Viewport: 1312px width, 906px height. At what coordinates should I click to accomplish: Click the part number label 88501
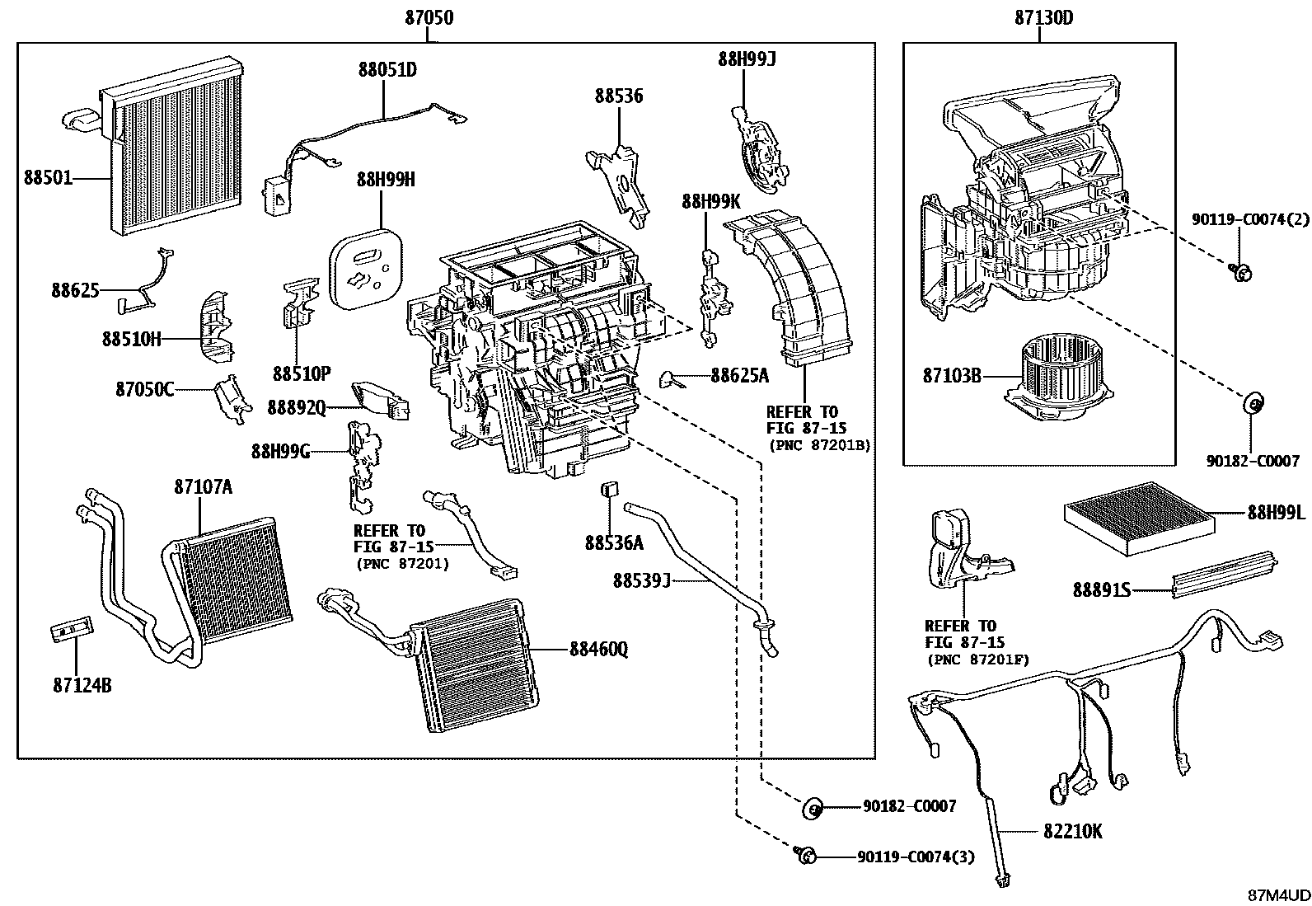[49, 178]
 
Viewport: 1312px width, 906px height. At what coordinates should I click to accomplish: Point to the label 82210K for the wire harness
[1072, 832]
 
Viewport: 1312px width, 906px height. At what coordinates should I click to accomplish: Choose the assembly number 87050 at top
[429, 17]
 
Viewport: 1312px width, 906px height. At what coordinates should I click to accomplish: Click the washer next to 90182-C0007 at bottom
[813, 807]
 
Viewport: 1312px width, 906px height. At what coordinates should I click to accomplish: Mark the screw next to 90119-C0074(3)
[805, 856]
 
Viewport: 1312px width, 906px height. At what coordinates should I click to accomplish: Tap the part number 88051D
[387, 70]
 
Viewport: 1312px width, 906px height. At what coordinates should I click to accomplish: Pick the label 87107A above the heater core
[203, 487]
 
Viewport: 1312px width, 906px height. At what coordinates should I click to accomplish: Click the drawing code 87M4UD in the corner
[1277, 894]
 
